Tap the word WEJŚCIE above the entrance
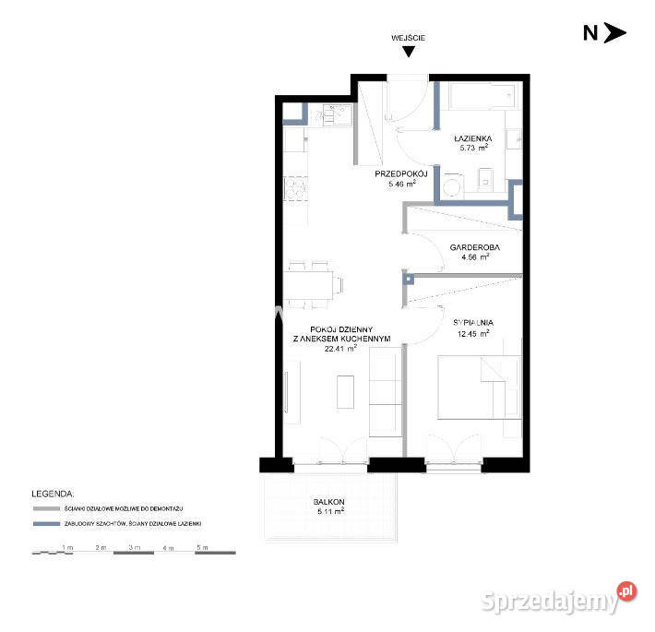point(409,38)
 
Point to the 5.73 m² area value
point(474,147)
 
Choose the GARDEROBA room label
point(475,248)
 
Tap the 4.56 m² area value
point(475,258)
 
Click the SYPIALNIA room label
point(471,322)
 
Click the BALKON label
point(329,502)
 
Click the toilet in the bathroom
point(453,185)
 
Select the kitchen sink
point(331,116)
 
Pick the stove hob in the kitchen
point(295,187)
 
